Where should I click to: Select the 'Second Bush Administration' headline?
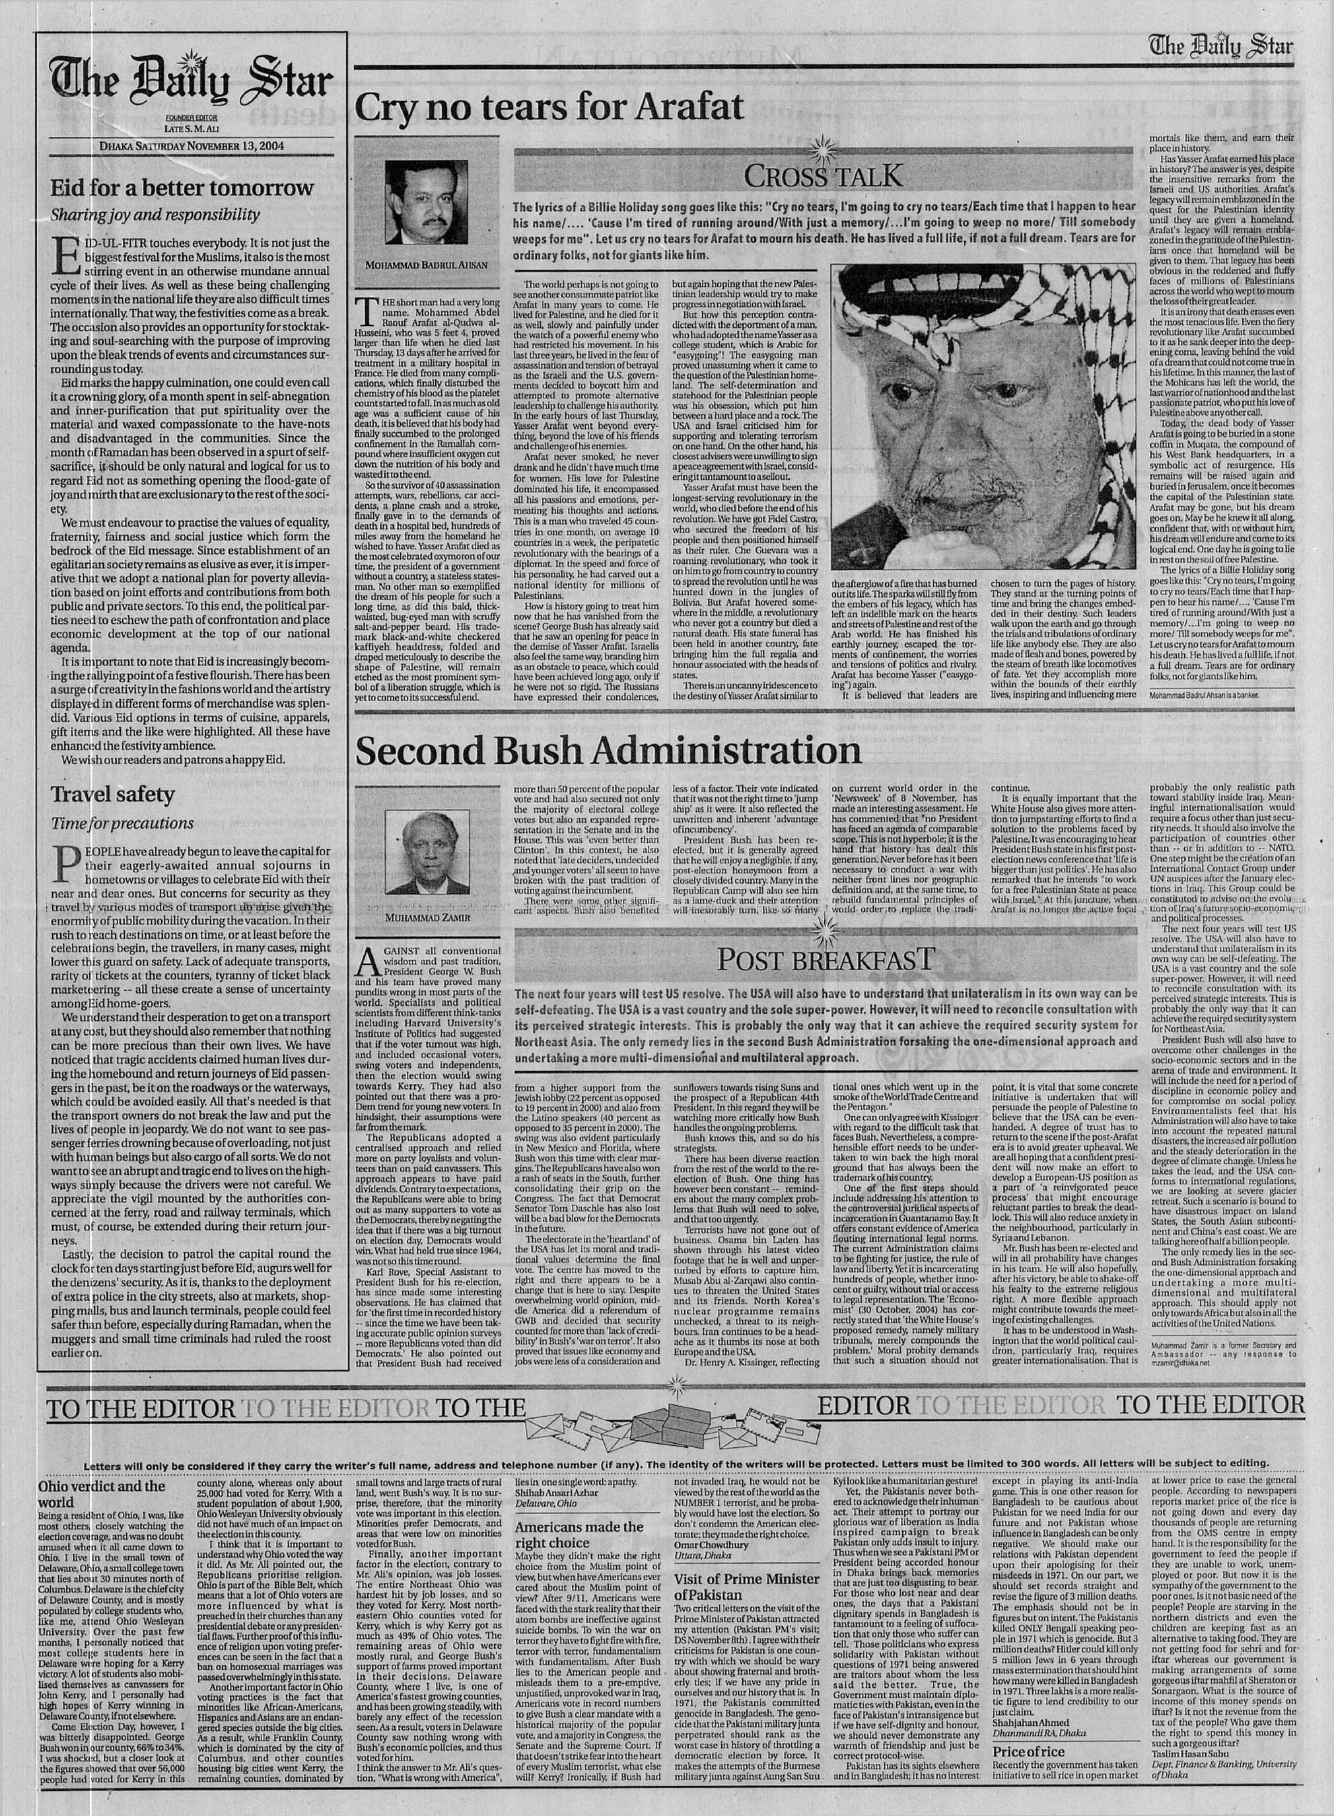(608, 751)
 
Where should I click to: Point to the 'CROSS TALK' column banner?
(824, 174)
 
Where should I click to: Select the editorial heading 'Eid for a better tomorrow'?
(182, 188)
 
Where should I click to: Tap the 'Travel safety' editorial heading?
(112, 795)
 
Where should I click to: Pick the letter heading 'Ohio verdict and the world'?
(101, 1493)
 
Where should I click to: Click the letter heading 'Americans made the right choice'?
(580, 1534)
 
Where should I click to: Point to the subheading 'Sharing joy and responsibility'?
(155, 215)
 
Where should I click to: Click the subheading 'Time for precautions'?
(122, 823)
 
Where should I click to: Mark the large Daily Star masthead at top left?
(192, 83)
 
